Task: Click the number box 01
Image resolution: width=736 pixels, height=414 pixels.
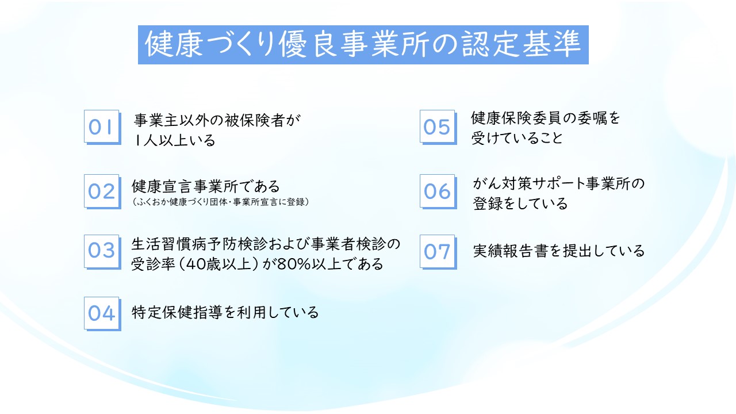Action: click(x=102, y=127)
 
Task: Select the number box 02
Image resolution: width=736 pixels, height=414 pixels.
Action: click(x=102, y=191)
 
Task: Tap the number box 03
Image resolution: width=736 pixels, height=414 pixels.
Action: click(x=102, y=252)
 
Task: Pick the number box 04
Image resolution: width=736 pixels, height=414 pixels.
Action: click(x=102, y=314)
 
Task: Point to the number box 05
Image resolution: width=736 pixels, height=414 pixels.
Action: click(x=438, y=127)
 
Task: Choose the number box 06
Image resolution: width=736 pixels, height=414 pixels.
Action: click(x=438, y=191)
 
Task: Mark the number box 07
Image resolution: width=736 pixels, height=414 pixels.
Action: click(x=438, y=252)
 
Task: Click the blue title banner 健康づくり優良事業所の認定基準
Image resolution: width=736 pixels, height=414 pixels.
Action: click(x=363, y=45)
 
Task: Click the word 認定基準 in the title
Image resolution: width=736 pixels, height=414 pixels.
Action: click(x=521, y=44)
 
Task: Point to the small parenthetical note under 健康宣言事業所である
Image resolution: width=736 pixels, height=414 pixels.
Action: click(x=220, y=202)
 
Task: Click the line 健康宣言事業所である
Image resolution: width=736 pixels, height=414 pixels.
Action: click(x=206, y=186)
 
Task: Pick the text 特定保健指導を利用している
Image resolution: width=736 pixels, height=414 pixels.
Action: click(x=225, y=312)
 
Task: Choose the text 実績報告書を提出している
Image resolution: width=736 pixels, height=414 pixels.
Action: click(x=558, y=251)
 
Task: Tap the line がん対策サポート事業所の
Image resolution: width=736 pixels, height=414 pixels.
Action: click(x=558, y=183)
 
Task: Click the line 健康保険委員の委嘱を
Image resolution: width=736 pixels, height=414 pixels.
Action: click(x=546, y=118)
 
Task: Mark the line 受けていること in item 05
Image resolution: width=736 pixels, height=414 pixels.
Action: click(x=517, y=138)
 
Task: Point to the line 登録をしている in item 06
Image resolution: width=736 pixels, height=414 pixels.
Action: click(x=520, y=204)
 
